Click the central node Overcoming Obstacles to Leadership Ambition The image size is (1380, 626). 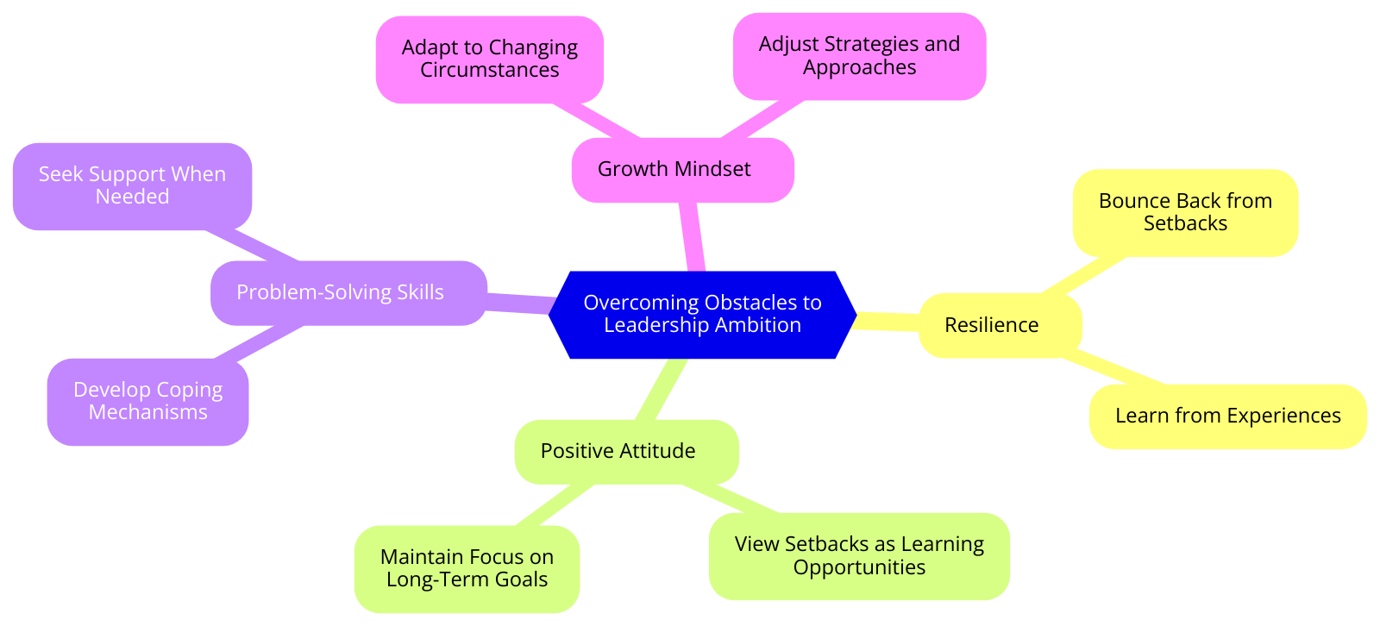tap(702, 314)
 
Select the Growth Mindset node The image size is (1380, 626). tap(682, 170)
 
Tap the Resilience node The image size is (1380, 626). tap(1000, 325)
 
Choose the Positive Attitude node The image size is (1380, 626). tap(626, 451)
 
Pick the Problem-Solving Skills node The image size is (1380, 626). tap(348, 293)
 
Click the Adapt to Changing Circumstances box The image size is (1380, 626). tap(489, 59)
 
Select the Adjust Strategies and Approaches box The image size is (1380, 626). tap(859, 56)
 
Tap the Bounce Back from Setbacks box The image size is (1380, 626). tap(1185, 212)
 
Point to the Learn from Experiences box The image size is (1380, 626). tap(1227, 416)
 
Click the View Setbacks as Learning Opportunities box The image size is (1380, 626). tap(859, 556)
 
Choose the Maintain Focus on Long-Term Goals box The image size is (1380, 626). tap(467, 568)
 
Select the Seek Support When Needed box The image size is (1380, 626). tap(132, 185)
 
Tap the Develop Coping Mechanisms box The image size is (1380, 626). tap(147, 401)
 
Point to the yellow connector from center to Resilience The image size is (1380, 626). tap(888, 321)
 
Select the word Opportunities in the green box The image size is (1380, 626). tap(859, 568)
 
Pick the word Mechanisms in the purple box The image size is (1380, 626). tap(147, 413)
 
